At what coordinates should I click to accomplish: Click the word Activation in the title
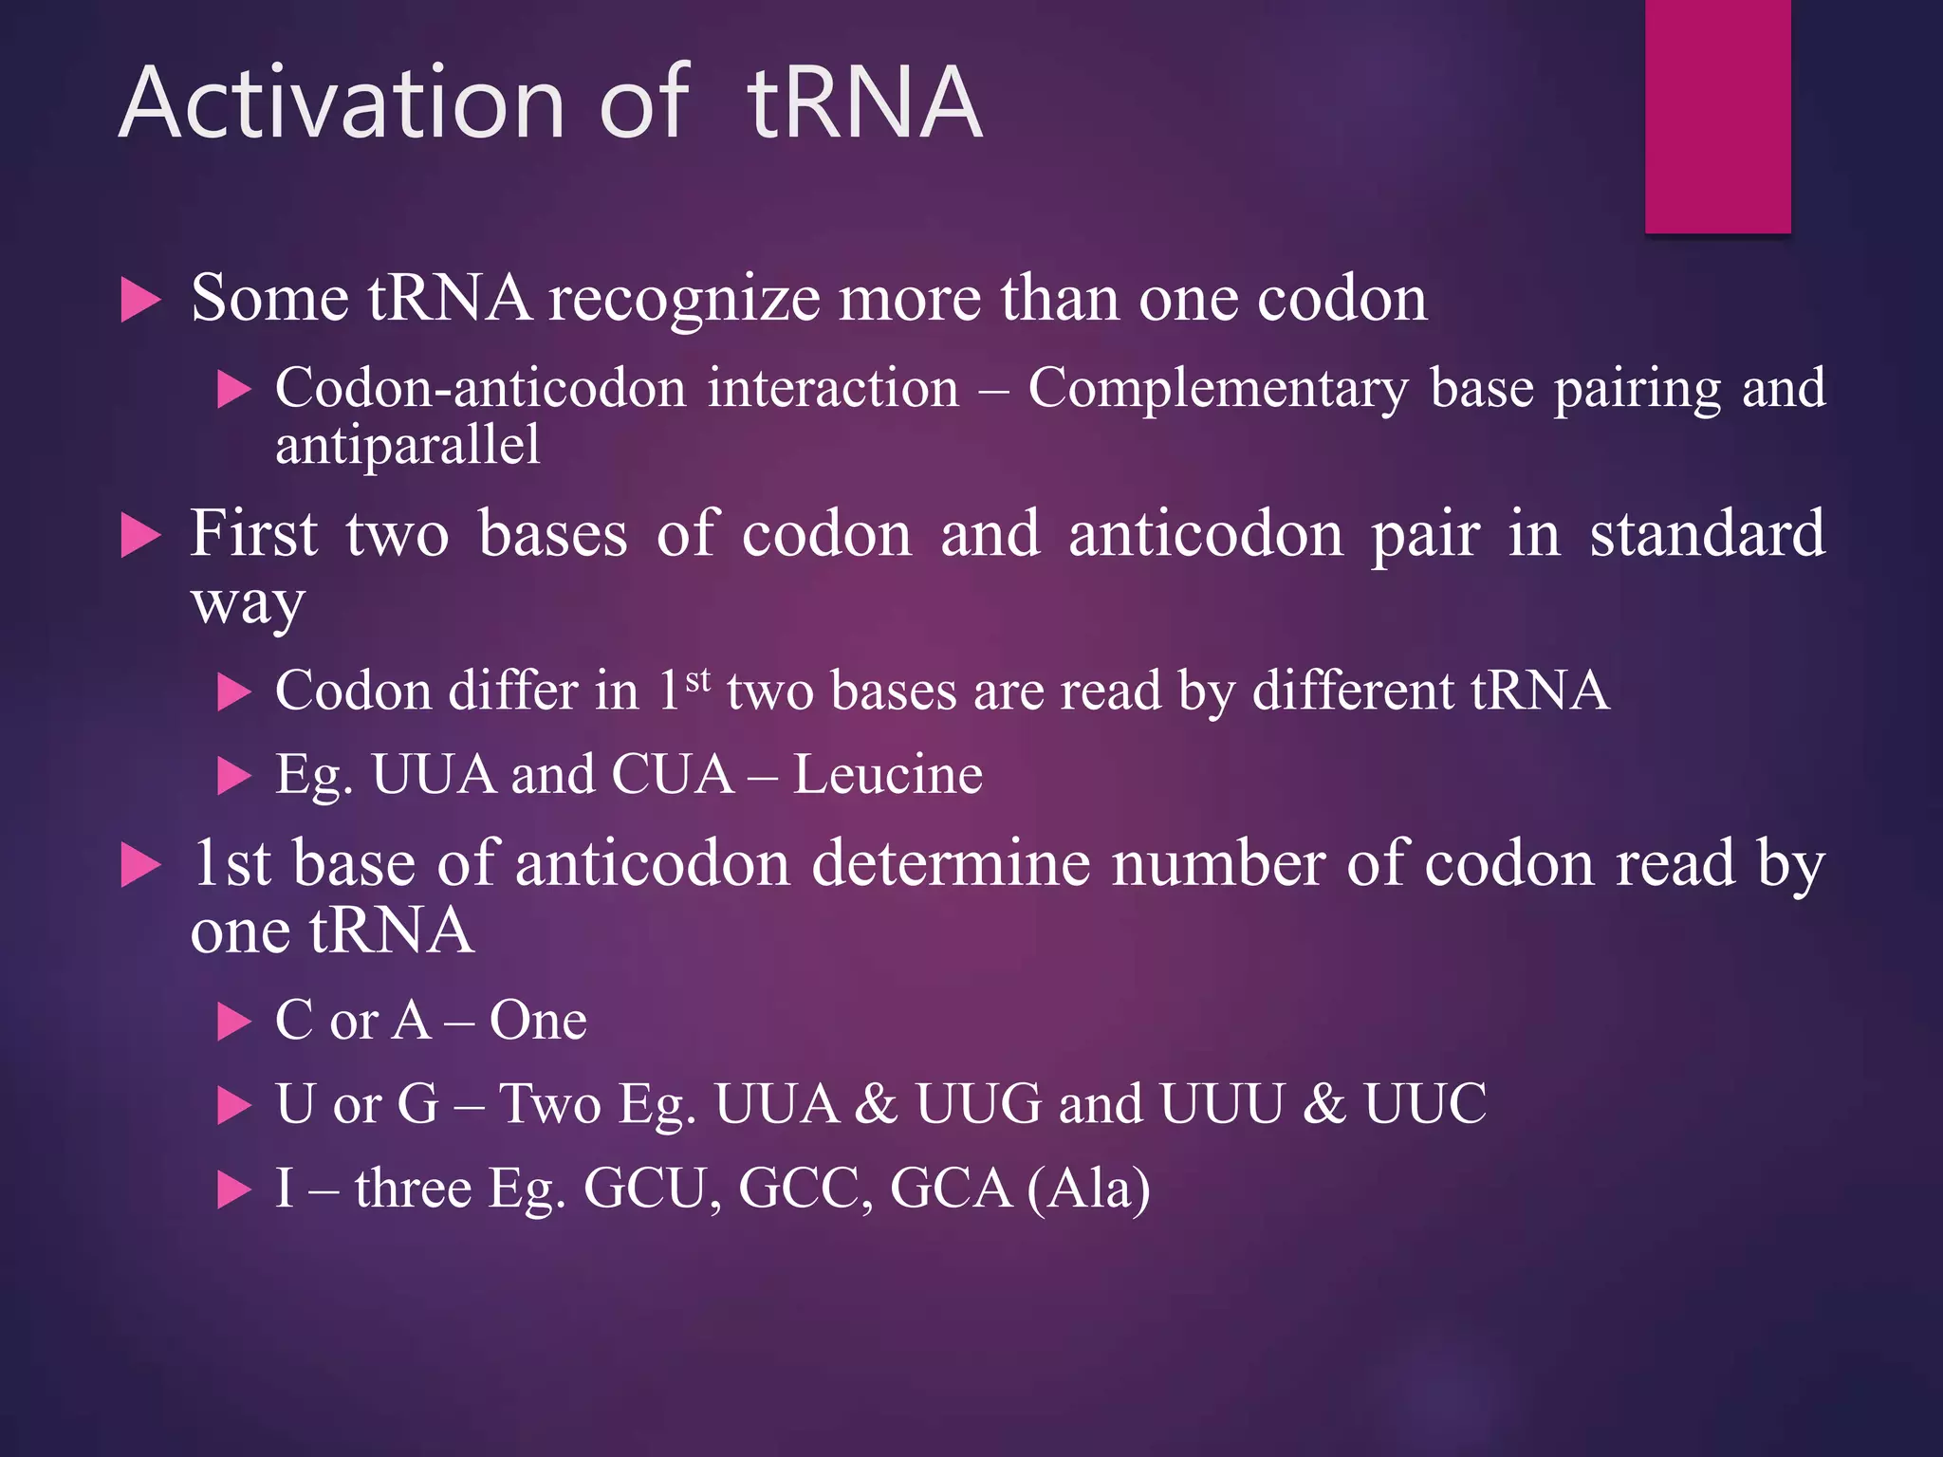click(x=342, y=102)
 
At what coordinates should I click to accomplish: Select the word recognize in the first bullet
click(x=684, y=300)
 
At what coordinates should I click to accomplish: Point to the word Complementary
click(x=1218, y=389)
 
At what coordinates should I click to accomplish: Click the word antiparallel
click(x=408, y=446)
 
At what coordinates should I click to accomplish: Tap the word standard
click(x=1707, y=534)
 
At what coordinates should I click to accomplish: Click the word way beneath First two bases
click(x=248, y=603)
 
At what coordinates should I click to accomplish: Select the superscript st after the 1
click(x=697, y=679)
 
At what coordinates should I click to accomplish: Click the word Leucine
click(x=888, y=775)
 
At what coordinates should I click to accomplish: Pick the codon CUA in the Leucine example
click(x=673, y=775)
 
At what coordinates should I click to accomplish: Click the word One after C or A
click(x=538, y=1022)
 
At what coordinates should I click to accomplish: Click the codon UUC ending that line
click(x=1425, y=1104)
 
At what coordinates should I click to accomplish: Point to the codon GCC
click(x=805, y=1189)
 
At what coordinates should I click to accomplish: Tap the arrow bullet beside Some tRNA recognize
click(x=141, y=302)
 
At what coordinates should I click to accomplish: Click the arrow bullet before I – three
click(x=233, y=1190)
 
